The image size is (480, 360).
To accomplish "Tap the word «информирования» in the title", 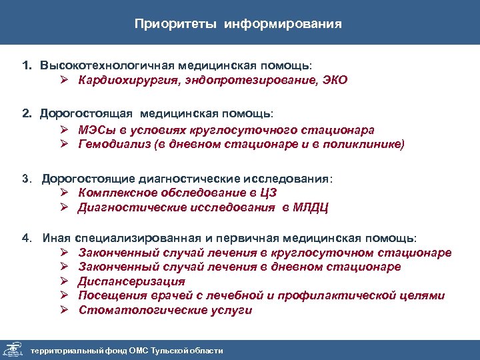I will click(283, 25).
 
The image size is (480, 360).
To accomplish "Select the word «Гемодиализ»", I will click(111, 144).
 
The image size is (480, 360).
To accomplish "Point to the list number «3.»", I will click(27, 179).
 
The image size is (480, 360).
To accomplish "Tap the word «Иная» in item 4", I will click(57, 238).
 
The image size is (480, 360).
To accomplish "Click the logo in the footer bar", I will click(15, 349).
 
